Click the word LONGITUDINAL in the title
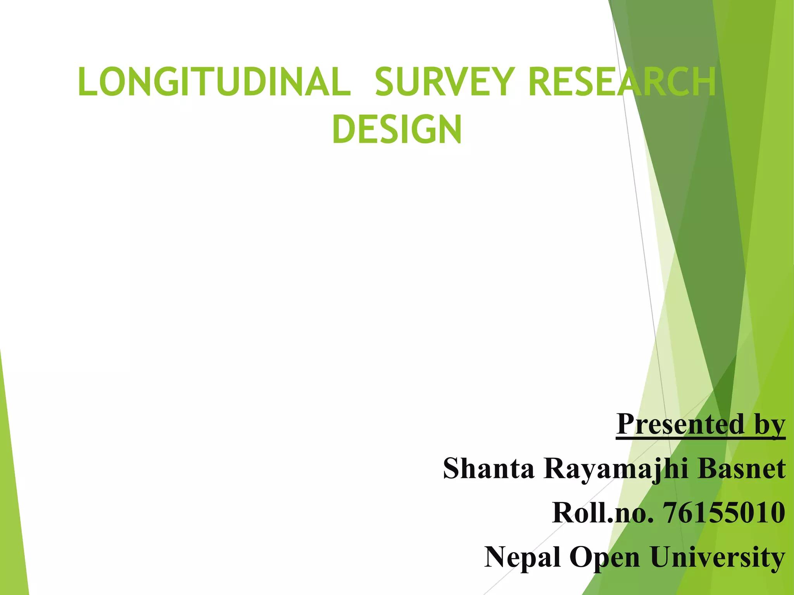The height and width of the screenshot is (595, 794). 214,82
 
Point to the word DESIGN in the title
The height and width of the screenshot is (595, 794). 397,129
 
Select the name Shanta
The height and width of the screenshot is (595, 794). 488,468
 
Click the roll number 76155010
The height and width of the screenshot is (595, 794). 724,512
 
